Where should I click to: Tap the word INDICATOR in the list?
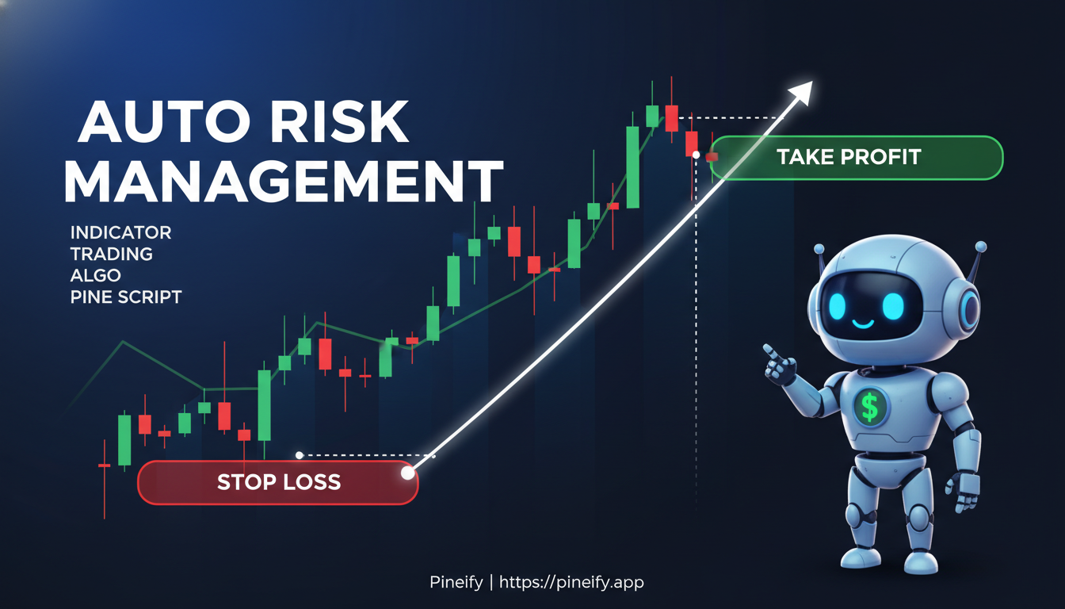click(120, 232)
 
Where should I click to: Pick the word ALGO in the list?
click(95, 276)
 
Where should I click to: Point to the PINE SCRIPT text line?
click(126, 297)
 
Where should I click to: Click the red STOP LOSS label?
click(278, 481)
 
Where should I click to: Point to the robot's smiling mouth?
click(862, 324)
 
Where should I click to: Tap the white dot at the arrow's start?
click(408, 473)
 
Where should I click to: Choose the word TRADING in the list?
click(111, 254)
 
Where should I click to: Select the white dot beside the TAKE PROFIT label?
click(696, 155)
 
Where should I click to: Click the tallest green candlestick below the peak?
click(632, 167)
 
